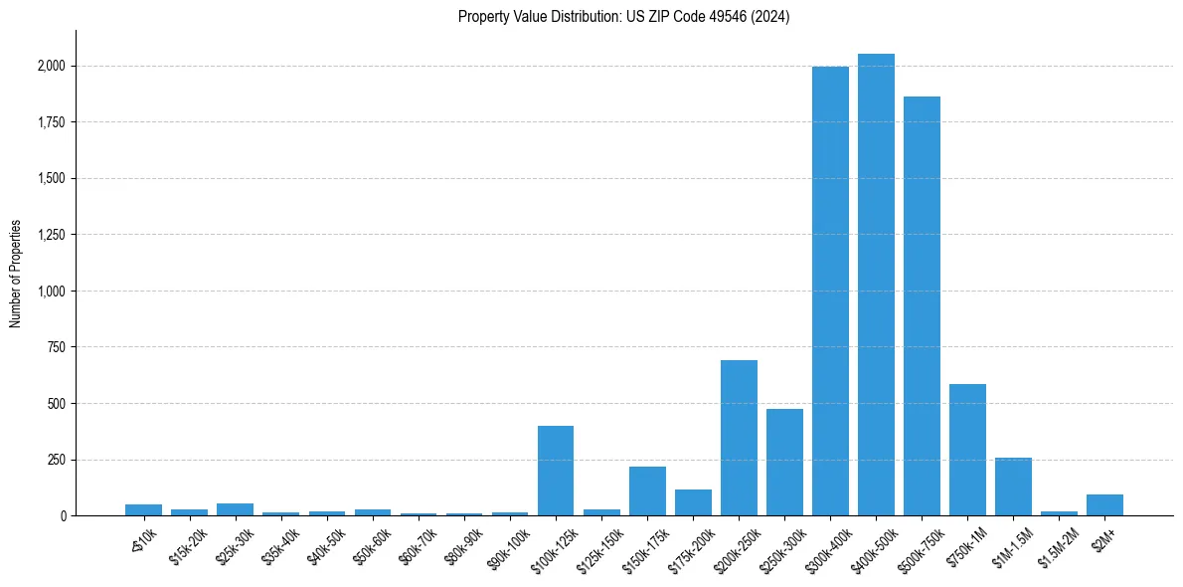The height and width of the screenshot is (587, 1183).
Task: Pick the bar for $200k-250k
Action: (739, 438)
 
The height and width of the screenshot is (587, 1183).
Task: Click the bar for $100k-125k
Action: (556, 471)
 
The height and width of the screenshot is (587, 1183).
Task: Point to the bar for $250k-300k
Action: (784, 463)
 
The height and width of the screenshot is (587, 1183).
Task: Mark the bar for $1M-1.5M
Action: (1013, 487)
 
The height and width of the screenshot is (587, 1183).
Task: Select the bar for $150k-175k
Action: (647, 491)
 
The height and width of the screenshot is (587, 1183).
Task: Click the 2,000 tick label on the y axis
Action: (51, 67)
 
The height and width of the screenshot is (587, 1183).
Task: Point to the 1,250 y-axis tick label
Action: (51, 235)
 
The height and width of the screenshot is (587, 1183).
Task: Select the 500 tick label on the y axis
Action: (57, 404)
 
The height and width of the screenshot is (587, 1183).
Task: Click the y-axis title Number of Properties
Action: (16, 273)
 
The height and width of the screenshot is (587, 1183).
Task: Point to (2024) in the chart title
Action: (770, 17)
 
